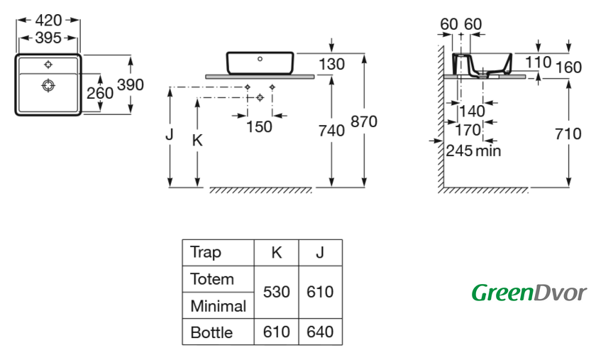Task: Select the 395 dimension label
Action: (48, 38)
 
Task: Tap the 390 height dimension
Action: (131, 85)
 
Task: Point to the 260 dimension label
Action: (99, 93)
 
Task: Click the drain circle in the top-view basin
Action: (48, 86)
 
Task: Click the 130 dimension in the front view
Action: (331, 65)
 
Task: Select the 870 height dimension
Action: (364, 121)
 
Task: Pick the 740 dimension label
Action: (331, 131)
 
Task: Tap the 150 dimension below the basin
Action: (259, 126)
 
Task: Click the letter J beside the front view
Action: (169, 134)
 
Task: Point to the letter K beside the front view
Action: (198, 141)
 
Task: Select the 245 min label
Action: (473, 151)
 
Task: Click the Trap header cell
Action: (206, 252)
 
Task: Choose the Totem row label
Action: (211, 279)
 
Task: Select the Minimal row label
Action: (218, 306)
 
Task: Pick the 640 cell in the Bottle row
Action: (319, 332)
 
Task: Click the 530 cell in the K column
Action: (277, 292)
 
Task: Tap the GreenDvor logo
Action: (529, 292)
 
